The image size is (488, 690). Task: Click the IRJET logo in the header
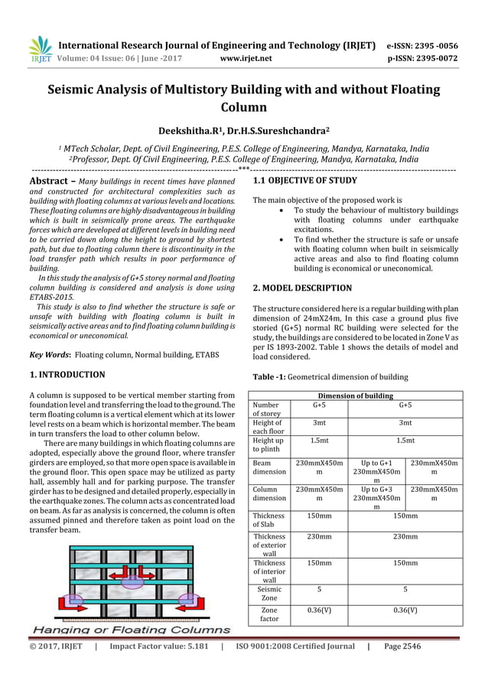pos(39,50)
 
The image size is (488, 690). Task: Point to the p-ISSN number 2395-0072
pos(431,56)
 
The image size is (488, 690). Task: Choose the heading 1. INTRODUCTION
pos(67,376)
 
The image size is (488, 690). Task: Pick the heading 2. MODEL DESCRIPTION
pos(302,288)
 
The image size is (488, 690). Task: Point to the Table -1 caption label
pos(271,376)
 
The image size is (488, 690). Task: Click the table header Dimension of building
pos(356,395)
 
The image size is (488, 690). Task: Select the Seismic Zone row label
pos(269,593)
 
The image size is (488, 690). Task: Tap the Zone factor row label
pos(269,615)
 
